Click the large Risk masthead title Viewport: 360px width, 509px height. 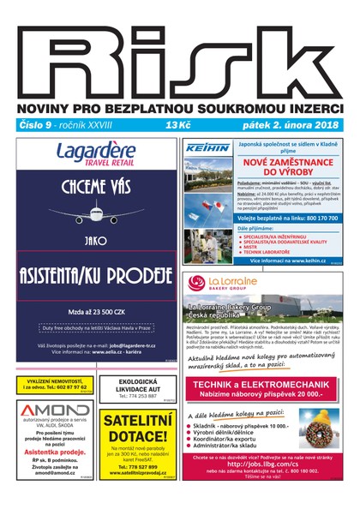[180, 53]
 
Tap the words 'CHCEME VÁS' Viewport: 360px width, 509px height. [96, 185]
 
